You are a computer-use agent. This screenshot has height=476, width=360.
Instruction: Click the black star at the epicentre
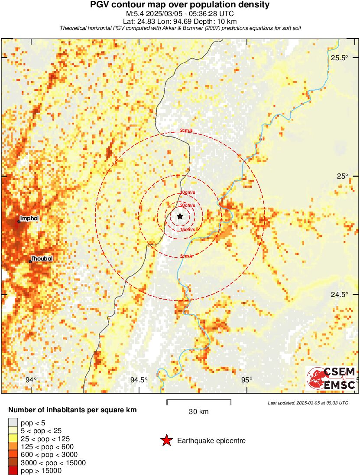(x=180, y=216)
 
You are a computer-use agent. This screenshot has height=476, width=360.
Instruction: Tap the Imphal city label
(x=29, y=218)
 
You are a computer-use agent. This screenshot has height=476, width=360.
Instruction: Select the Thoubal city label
(x=42, y=258)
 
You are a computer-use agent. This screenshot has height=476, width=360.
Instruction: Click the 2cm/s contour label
(x=186, y=131)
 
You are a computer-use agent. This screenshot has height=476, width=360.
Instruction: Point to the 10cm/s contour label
(x=188, y=192)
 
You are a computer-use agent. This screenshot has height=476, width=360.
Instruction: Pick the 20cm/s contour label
(x=188, y=205)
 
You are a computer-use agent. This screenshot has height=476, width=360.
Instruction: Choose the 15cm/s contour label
(x=188, y=229)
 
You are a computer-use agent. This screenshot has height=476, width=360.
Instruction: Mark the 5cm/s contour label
(x=186, y=256)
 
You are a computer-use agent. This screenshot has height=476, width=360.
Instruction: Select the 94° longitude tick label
(x=31, y=380)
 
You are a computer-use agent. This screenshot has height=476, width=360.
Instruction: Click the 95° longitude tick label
(x=246, y=380)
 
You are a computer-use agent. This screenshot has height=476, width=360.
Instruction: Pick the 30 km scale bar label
(x=199, y=411)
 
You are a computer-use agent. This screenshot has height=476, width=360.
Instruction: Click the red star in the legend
(x=166, y=440)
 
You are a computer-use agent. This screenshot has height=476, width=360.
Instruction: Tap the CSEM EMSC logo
(x=332, y=378)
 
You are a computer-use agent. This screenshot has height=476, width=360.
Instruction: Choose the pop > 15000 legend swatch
(x=13, y=471)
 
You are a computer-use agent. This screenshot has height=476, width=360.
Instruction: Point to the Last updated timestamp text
(x=308, y=403)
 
